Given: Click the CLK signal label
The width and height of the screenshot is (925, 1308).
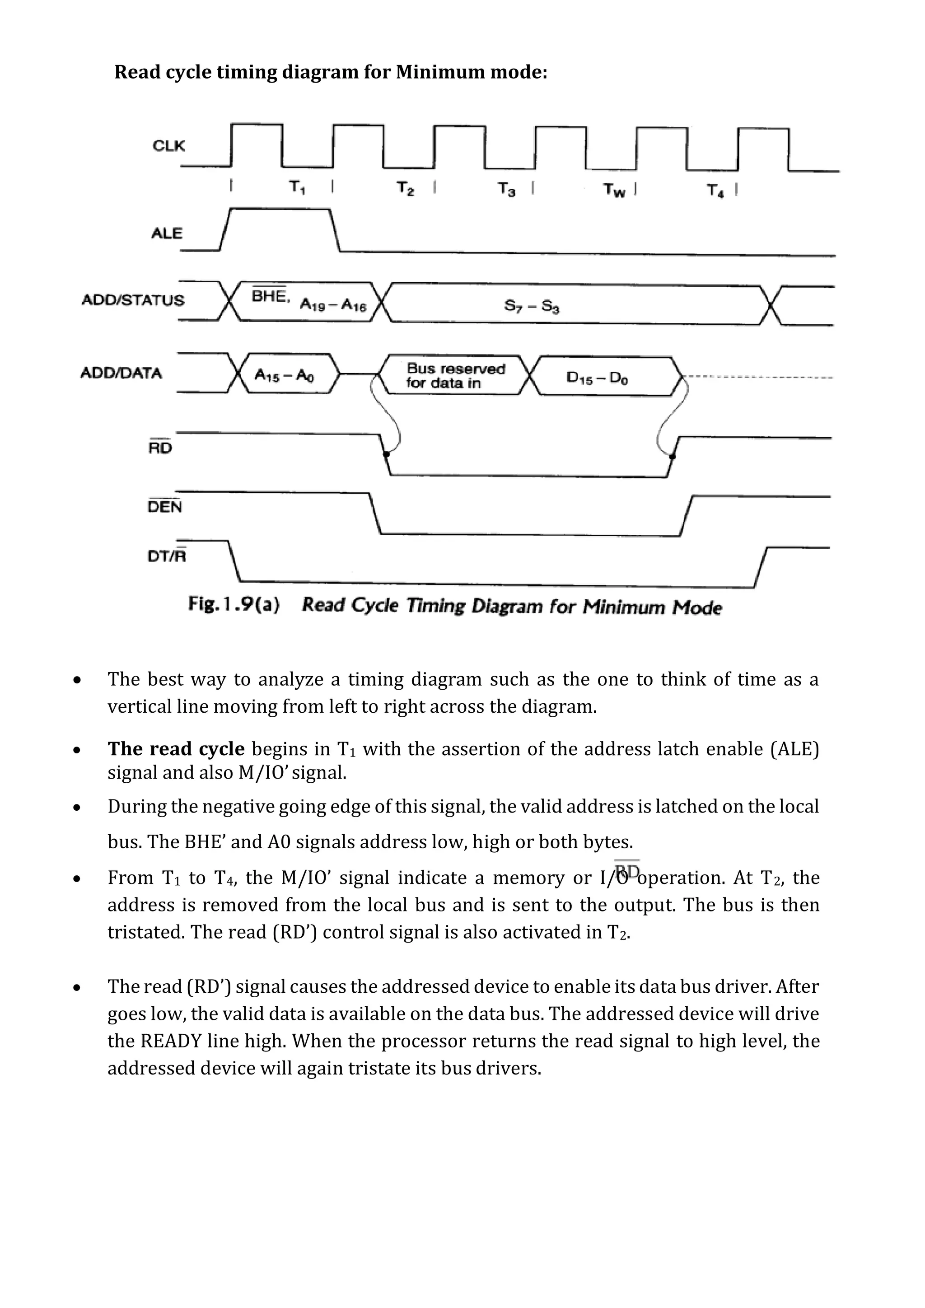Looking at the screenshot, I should (x=168, y=146).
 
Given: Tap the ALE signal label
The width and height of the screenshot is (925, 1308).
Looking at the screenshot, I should (x=166, y=233).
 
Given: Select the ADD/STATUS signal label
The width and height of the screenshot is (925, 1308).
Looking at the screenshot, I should (x=133, y=300).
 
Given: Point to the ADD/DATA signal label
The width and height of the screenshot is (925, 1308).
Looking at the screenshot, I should (x=121, y=373).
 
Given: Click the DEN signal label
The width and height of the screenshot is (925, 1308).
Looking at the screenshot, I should (x=164, y=506).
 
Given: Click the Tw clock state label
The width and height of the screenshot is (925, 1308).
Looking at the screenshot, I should (x=614, y=190).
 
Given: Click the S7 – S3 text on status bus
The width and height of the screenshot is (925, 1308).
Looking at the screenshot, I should (x=532, y=307).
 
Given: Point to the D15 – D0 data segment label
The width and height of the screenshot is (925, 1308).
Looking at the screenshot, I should (x=597, y=378).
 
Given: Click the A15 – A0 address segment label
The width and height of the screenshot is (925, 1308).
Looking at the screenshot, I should (x=284, y=375).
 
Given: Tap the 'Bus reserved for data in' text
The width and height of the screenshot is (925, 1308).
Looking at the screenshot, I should (x=454, y=376).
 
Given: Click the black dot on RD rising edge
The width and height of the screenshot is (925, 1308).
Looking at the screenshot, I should (x=672, y=456).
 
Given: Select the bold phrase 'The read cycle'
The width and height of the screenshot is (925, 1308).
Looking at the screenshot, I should (x=175, y=748).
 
